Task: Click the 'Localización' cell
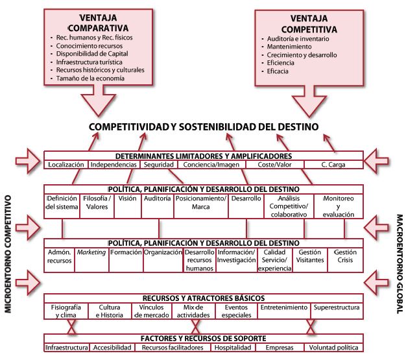tap(66, 165)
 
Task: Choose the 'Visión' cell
tap(127, 198)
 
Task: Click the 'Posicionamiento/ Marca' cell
tap(201, 202)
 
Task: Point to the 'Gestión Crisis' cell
tap(345, 256)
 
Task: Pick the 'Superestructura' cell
tap(333, 307)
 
